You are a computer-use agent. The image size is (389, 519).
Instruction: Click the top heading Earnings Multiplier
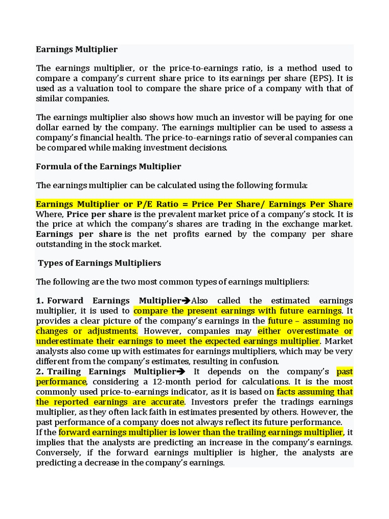click(x=76, y=49)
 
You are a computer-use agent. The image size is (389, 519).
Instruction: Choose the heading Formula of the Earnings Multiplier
click(x=108, y=166)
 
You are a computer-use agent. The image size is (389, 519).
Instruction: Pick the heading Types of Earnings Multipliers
click(x=100, y=263)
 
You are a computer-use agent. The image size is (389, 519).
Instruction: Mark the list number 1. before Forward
click(x=40, y=301)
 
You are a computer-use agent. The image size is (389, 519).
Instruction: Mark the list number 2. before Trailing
click(x=40, y=372)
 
